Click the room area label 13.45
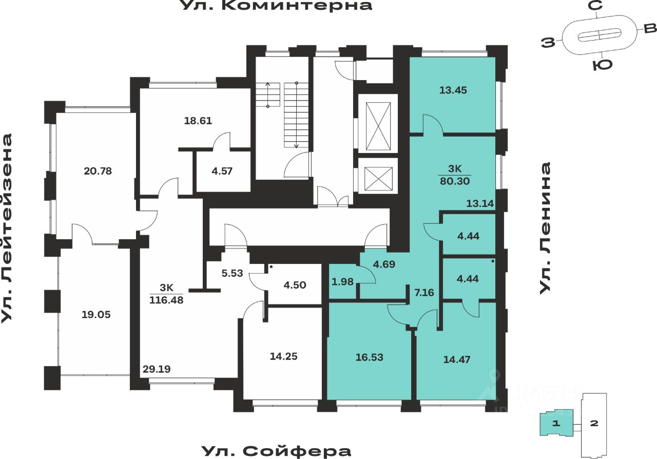(453, 90)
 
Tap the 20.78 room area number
(98, 170)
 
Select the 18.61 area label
(198, 121)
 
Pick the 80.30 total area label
(455, 181)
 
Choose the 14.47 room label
(457, 359)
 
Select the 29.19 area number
(157, 368)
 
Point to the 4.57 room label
(222, 171)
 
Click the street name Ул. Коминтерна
(276, 6)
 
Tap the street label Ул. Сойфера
(276, 451)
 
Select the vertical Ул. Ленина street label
(546, 228)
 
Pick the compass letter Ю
(602, 66)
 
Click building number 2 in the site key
(594, 424)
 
